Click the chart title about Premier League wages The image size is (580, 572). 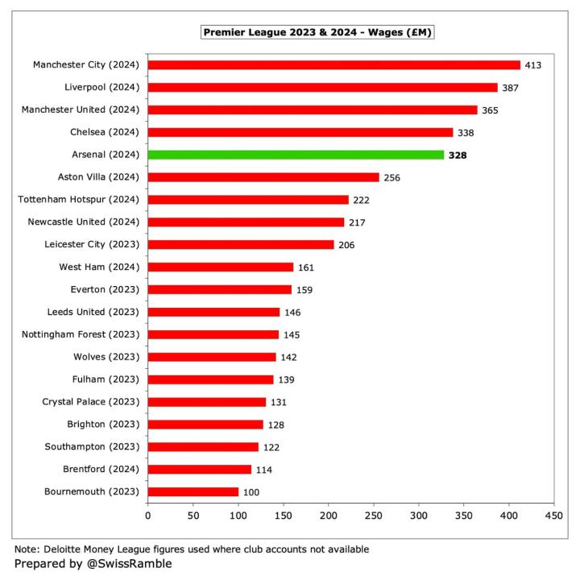[319, 32]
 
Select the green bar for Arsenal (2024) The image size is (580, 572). [296, 155]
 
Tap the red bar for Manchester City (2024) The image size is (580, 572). [334, 64]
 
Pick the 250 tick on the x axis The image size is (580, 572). [374, 515]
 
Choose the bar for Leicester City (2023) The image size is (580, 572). [241, 244]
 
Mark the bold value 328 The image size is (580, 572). [458, 155]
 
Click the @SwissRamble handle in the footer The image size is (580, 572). [128, 564]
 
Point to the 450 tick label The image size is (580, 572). [554, 515]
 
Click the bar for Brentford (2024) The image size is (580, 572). [200, 469]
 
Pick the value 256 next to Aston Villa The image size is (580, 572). [392, 177]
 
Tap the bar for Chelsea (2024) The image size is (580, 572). [300, 132]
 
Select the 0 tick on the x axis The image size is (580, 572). [148, 515]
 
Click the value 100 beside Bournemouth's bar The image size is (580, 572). [252, 491]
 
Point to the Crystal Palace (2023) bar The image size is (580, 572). [207, 401]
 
